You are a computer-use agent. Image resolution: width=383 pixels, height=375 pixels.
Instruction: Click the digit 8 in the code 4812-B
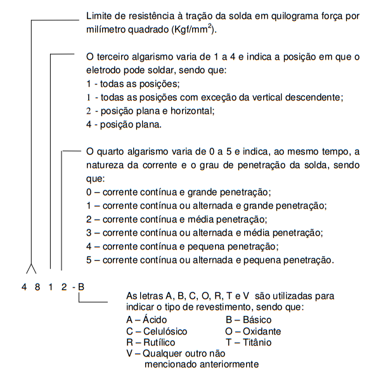coord(37,288)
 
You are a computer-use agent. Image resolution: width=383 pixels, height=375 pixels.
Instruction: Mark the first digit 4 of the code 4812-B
coord(23,288)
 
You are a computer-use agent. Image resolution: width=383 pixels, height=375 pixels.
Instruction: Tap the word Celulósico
coord(165,331)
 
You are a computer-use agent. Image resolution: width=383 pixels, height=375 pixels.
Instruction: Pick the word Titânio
coord(256,342)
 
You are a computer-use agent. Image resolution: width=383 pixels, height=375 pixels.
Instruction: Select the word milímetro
coord(105,30)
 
